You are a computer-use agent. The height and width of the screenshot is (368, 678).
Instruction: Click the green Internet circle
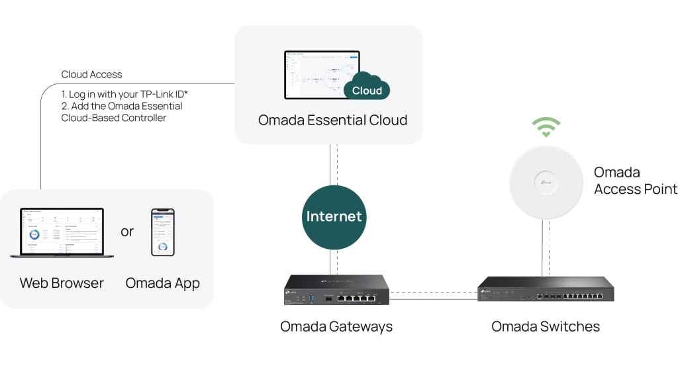(334, 216)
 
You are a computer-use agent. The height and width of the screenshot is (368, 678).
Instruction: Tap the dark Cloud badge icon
(367, 90)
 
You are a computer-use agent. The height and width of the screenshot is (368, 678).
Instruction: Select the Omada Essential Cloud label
(333, 120)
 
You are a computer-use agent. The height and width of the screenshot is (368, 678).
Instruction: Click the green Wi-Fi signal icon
(546, 126)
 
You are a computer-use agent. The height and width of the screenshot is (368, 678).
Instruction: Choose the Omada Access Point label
(635, 181)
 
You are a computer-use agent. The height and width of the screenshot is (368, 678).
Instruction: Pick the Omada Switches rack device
(545, 289)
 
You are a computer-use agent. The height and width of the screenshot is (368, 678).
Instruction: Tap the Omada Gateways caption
(336, 326)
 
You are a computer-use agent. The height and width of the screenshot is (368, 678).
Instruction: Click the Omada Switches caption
(545, 326)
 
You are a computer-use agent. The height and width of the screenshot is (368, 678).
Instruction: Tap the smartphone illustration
(163, 232)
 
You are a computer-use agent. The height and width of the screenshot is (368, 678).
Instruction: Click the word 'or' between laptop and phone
(127, 232)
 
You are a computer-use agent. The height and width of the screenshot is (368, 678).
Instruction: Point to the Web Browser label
(62, 283)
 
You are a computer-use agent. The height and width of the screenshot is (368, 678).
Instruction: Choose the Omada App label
(163, 283)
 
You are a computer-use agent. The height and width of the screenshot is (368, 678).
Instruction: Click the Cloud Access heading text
(91, 75)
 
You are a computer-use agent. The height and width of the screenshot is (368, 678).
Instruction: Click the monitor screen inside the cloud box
(321, 74)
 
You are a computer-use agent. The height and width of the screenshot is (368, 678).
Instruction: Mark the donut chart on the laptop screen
(35, 235)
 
